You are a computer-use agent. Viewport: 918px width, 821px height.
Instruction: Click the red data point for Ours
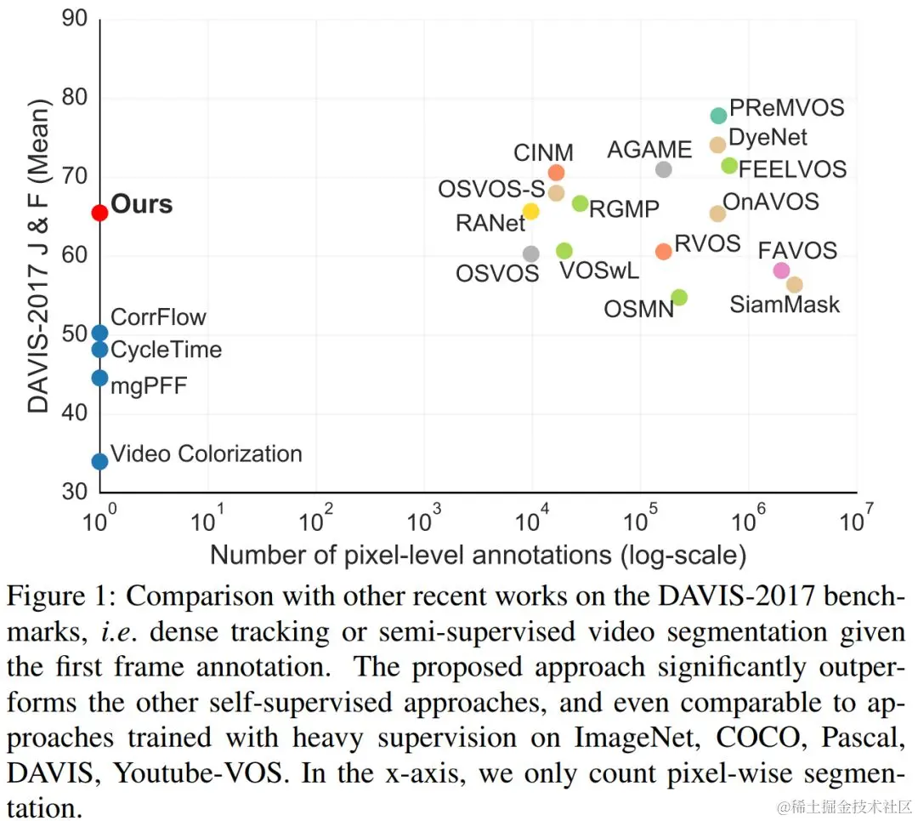click(x=99, y=213)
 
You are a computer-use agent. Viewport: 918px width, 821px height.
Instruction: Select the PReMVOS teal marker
click(x=718, y=116)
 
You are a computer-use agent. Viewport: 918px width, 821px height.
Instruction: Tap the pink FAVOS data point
click(x=781, y=271)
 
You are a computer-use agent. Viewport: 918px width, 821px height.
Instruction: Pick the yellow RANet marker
click(x=530, y=211)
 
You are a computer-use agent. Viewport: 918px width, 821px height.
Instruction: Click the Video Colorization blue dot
click(x=99, y=461)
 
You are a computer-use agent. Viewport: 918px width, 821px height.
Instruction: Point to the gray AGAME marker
click(x=664, y=169)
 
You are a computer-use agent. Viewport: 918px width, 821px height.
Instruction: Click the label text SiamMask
click(x=785, y=305)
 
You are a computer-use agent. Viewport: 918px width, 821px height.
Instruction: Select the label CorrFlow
click(x=159, y=317)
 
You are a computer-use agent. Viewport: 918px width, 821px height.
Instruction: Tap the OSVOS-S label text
click(x=491, y=190)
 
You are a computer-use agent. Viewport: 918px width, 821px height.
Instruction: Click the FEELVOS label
click(x=792, y=169)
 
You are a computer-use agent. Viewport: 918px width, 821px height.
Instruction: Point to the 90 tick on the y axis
click(x=74, y=19)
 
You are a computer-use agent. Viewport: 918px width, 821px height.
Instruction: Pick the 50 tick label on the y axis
click(x=74, y=335)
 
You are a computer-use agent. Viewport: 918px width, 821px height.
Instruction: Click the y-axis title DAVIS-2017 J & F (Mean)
click(x=39, y=255)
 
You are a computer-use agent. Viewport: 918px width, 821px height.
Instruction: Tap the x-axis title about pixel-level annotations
click(x=478, y=556)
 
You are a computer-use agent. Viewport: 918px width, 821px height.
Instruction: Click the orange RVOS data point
click(x=664, y=251)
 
